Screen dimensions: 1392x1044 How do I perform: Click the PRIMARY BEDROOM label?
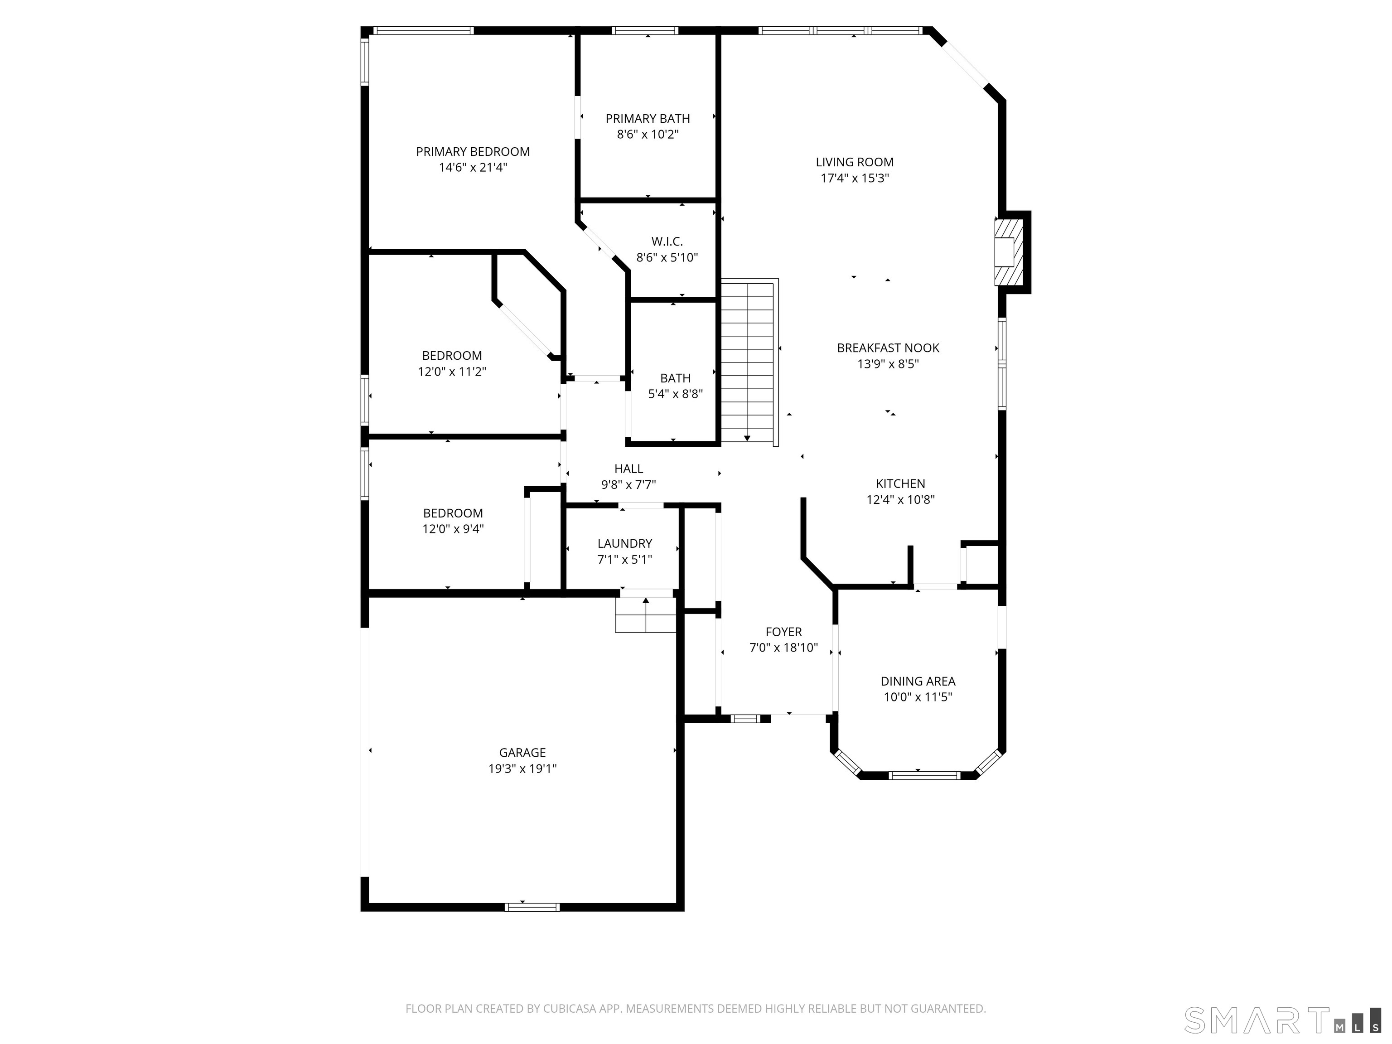(473, 152)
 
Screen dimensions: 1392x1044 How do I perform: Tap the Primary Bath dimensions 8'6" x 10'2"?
(648, 135)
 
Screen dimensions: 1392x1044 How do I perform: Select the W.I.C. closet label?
(667, 242)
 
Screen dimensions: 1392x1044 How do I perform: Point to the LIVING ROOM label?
(855, 162)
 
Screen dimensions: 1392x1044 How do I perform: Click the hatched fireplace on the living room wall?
(1005, 252)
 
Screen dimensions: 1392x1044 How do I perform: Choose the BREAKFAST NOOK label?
(888, 348)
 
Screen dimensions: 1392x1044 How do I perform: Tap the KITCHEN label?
(900, 484)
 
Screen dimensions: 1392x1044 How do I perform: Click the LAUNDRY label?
(625, 544)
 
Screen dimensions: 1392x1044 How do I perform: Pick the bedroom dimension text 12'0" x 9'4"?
(453, 529)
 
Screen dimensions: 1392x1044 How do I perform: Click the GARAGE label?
(522, 753)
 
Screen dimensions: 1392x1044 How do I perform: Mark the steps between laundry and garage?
(645, 614)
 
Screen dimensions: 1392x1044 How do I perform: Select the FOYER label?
(783, 632)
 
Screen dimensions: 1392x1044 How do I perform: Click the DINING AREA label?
(918, 681)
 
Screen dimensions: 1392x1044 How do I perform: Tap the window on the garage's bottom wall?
(532, 907)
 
